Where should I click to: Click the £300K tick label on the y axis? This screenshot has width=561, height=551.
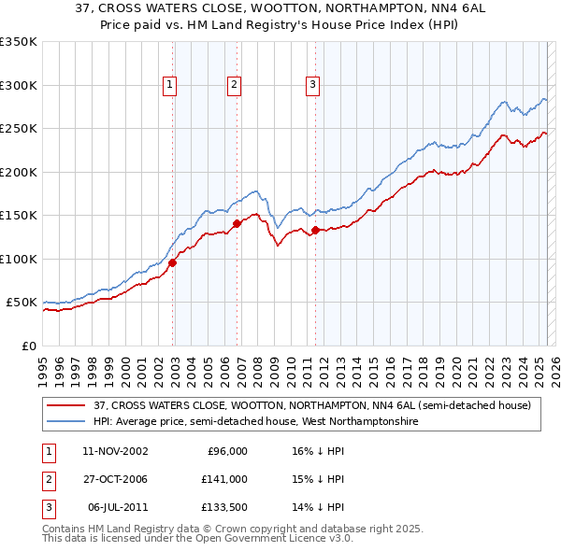pyautogui.click(x=18, y=85)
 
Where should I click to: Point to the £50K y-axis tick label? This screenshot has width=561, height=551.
pyautogui.click(x=22, y=303)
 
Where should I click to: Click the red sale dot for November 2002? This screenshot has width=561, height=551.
pyautogui.click(x=173, y=262)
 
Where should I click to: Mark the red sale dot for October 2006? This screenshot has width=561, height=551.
pyautogui.click(x=237, y=223)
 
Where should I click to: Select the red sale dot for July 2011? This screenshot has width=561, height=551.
pyautogui.click(x=315, y=230)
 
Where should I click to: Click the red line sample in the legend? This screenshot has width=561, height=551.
pyautogui.click(x=67, y=405)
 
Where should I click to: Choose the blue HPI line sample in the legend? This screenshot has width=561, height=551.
pyautogui.click(x=67, y=421)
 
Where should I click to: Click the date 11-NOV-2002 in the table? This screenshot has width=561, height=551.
pyautogui.click(x=115, y=451)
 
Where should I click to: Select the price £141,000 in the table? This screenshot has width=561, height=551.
pyautogui.click(x=224, y=479)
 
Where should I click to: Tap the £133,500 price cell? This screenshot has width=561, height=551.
pyautogui.click(x=224, y=507)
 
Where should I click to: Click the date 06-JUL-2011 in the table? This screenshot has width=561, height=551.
pyautogui.click(x=118, y=507)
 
